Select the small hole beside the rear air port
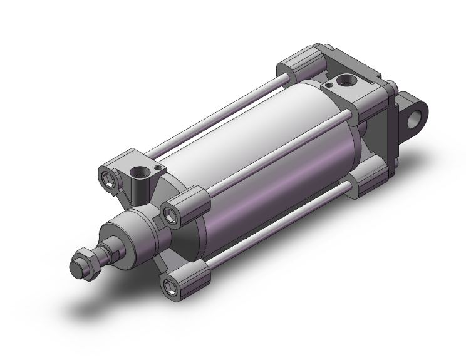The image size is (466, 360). point(328,84)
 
